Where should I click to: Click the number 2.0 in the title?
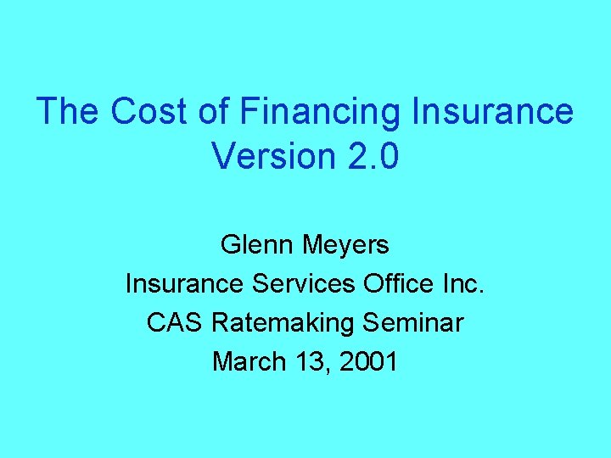click(369, 157)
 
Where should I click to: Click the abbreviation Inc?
click(464, 284)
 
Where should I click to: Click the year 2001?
click(367, 361)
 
